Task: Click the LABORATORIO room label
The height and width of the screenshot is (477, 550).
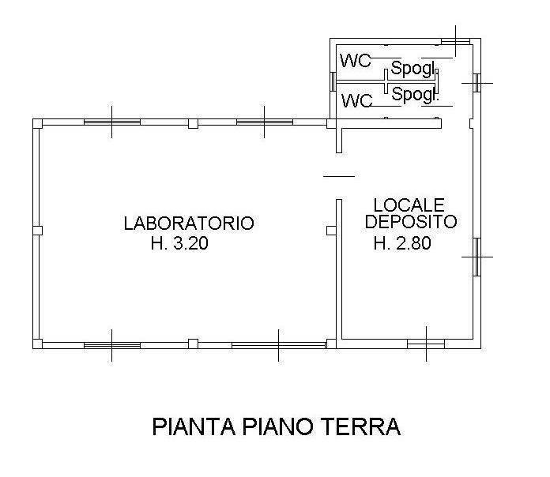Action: tap(189, 223)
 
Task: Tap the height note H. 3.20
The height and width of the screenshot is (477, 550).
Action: tap(179, 243)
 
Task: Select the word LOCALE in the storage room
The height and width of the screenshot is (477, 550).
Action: tap(409, 205)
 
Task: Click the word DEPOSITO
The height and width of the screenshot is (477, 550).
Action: tap(411, 221)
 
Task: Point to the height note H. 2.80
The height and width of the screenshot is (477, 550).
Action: tap(402, 243)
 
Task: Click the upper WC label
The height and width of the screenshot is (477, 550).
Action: tap(356, 61)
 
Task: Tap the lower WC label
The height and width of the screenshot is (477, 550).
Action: tap(357, 100)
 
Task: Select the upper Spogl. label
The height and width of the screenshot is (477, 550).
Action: tap(412, 69)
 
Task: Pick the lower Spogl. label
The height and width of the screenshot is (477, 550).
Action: tap(415, 94)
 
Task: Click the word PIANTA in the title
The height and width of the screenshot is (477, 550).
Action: tap(194, 426)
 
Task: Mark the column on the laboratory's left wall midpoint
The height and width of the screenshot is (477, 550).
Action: tap(37, 231)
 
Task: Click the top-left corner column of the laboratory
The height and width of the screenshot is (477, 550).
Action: tap(37, 124)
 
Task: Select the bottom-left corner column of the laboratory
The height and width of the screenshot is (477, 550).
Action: tap(37, 344)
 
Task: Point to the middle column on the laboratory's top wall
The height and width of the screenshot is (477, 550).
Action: tap(193, 124)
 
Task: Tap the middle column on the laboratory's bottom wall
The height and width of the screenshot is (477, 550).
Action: tap(193, 344)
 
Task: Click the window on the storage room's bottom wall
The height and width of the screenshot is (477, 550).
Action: tap(426, 344)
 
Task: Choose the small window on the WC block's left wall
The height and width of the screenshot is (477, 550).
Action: tap(333, 81)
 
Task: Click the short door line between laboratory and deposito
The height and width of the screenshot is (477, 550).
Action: tap(339, 176)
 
